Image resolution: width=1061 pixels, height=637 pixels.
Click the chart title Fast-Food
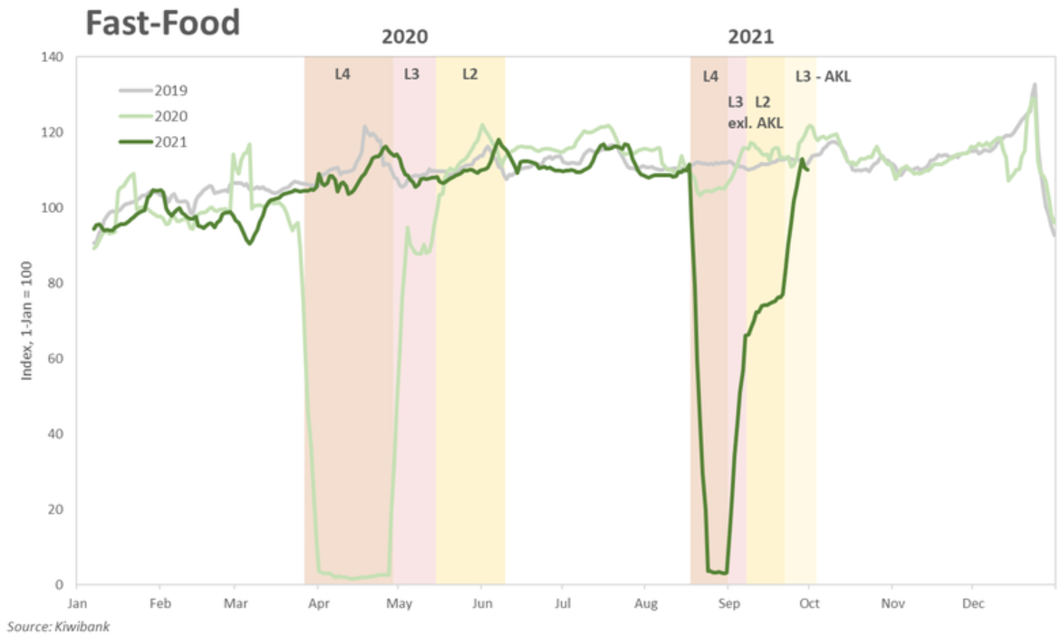tap(163, 23)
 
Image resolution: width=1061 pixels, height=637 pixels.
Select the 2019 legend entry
tap(170, 91)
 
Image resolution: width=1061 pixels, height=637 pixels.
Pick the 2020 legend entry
tap(170, 116)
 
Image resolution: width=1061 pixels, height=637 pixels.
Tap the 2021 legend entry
tap(170, 141)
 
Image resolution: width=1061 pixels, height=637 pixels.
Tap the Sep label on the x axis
tap(728, 603)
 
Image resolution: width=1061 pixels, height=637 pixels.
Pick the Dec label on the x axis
tap(973, 603)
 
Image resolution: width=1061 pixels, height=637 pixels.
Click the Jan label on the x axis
tap(78, 603)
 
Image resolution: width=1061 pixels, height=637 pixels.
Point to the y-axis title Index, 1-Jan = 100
tap(26, 321)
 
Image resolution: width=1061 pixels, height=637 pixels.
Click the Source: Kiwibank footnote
tap(59, 626)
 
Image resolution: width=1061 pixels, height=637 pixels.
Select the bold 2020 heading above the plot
tap(404, 37)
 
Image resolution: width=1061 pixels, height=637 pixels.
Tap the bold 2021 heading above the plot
tap(751, 37)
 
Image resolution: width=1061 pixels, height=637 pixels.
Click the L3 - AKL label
tap(823, 77)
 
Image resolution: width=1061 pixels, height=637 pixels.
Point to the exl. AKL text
tap(756, 122)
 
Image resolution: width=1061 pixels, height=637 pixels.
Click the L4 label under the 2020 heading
tap(342, 74)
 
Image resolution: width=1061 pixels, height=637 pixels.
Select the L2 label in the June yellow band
tap(469, 74)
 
